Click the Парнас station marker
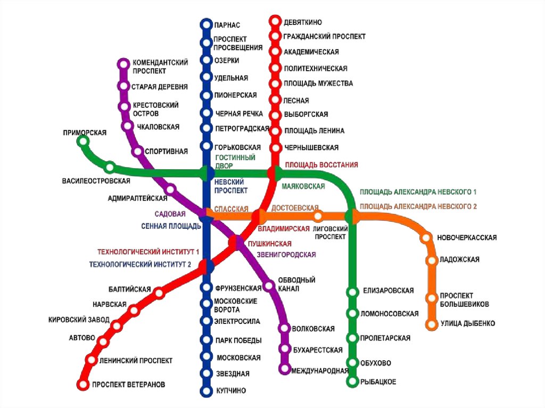pyautogui.click(x=206, y=24)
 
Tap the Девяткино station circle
pyautogui.click(x=275, y=21)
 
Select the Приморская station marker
pyautogui.click(x=82, y=141)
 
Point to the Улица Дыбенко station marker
pyautogui.click(x=431, y=323)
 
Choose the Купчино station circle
pyautogui.click(x=206, y=391)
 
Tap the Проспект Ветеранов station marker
pyautogui.click(x=82, y=384)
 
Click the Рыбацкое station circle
pyautogui.click(x=352, y=381)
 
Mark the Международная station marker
pyautogui.click(x=285, y=369)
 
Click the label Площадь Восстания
pyautogui.click(x=321, y=165)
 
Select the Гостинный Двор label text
pyautogui.click(x=235, y=162)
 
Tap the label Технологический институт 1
pyautogui.click(x=148, y=252)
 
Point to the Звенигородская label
pyautogui.click(x=286, y=255)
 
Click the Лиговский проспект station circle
pyautogui.click(x=318, y=216)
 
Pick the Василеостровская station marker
pyautogui.click(x=110, y=167)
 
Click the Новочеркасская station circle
pyautogui.click(x=426, y=238)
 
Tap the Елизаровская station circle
pyautogui.click(x=352, y=292)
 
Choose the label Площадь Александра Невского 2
pyautogui.click(x=418, y=206)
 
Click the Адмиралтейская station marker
pyautogui.click(x=170, y=189)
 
